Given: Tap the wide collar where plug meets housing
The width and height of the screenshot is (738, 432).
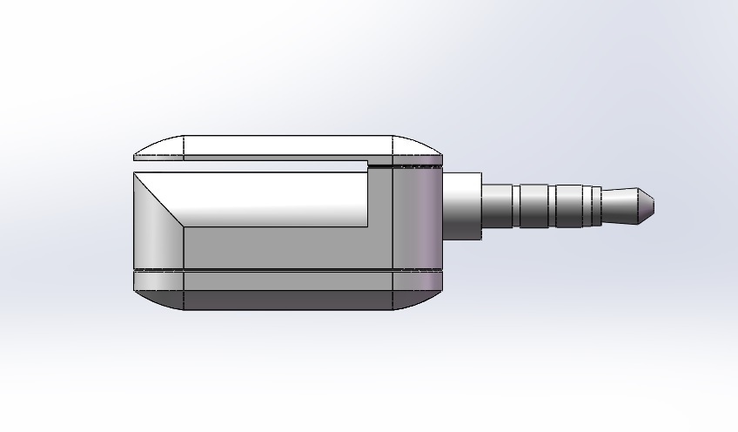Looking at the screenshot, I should click(464, 206).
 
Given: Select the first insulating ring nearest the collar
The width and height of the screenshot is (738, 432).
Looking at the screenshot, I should click(517, 206).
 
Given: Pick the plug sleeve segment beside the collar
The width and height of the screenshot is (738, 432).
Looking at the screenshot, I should click(499, 206).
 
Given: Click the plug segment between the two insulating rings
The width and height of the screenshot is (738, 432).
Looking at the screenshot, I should click(534, 206).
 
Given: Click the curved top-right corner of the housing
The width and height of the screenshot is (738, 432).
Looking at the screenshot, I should click(417, 146).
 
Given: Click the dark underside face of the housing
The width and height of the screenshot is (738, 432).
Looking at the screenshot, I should click(287, 300).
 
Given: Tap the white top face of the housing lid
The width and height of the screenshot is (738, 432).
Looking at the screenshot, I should click(287, 145).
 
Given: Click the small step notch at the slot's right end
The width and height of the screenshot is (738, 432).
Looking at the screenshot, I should click(379, 163).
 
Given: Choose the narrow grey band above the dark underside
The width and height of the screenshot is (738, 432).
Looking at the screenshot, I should click(287, 280).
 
